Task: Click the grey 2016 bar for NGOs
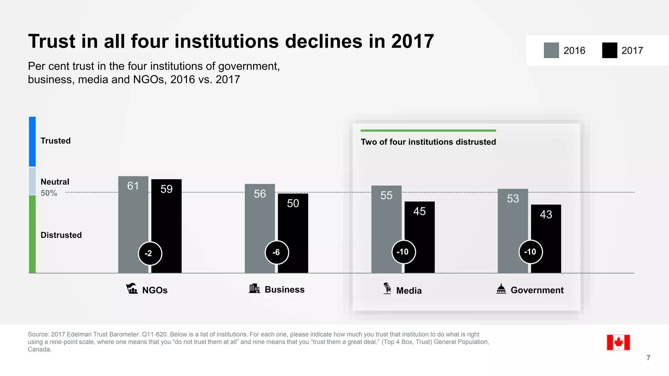pos(133,215)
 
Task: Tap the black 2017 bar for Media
pos(420,232)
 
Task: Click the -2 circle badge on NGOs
pos(150,253)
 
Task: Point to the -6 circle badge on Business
pos(277,252)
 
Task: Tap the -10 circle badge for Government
pos(530,252)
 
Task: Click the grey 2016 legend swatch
pos(551,50)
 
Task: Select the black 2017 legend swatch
pos(610,50)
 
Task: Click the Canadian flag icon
pos(618,342)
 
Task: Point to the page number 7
pos(648,358)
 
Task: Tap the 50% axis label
pos(49,193)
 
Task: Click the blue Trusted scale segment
pos(32,142)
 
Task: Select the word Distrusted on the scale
pos(61,235)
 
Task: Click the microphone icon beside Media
pos(387,289)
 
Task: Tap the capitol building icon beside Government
pos(501,289)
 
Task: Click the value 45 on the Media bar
pos(419,211)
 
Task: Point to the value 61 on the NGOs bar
pos(133,186)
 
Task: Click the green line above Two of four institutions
pos(428,131)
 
